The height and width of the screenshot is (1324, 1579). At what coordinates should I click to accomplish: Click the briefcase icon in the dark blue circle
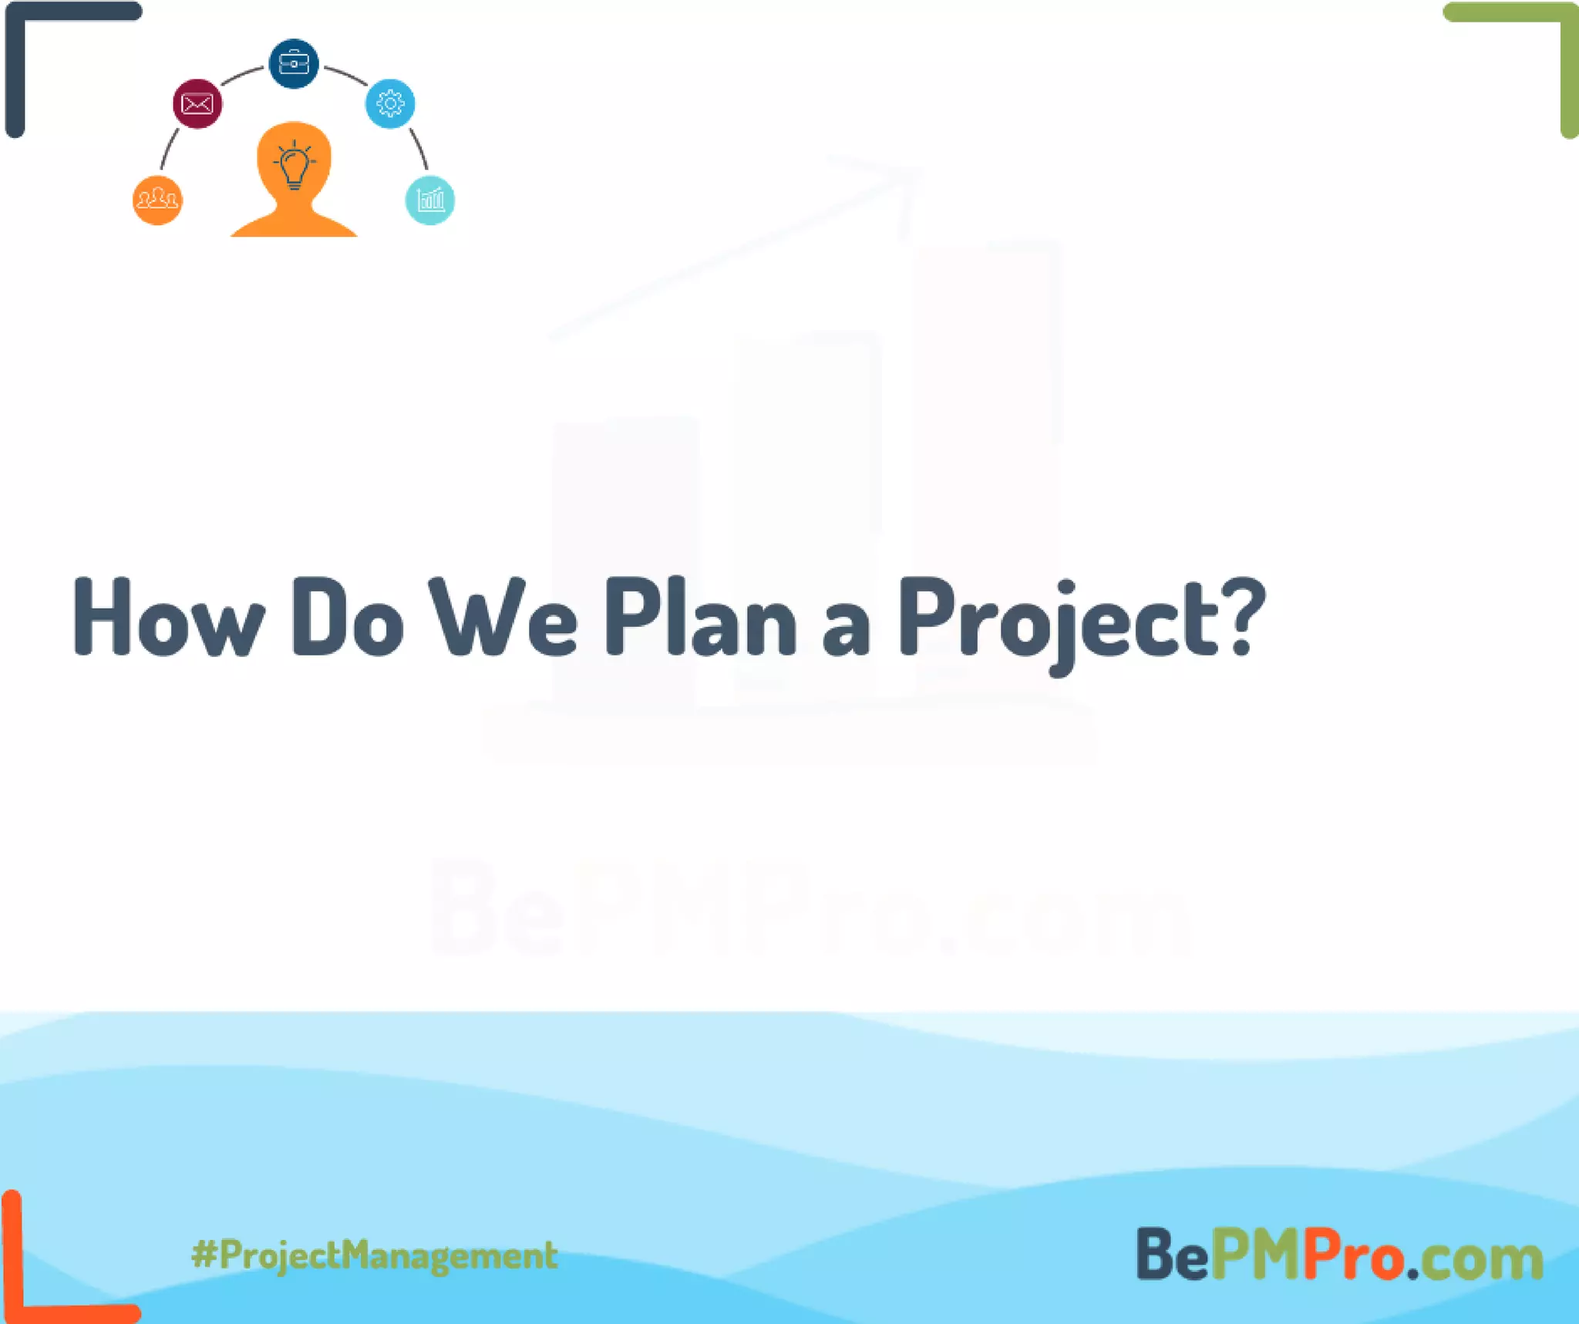(294, 63)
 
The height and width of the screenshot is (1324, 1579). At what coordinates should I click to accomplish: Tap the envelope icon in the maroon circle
(197, 103)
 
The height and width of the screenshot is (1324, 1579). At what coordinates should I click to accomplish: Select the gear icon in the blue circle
(390, 103)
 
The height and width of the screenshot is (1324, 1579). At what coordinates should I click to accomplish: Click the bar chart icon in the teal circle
(430, 200)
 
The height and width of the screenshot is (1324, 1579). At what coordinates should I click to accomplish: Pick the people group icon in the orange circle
(157, 200)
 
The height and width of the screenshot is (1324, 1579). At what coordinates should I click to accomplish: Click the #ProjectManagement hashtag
(375, 1255)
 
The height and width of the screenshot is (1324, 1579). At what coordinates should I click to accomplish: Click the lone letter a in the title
(846, 629)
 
